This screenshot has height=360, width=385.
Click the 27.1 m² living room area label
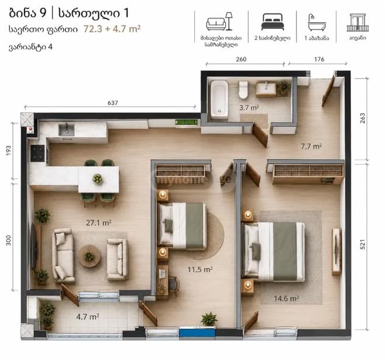click(99, 222)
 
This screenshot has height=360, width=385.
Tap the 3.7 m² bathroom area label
click(249, 108)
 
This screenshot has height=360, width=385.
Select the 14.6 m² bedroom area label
click(286, 299)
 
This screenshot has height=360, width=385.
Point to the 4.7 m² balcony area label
click(87, 317)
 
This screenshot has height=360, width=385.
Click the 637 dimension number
click(113, 103)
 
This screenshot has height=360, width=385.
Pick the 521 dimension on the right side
click(362, 244)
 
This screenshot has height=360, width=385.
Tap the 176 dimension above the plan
click(319, 59)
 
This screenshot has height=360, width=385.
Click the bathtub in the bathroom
click(219, 100)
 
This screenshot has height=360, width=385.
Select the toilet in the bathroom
click(243, 90)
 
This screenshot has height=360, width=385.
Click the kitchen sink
click(66, 130)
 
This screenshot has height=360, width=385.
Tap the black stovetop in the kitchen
click(37, 153)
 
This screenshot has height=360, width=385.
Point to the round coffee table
click(90, 256)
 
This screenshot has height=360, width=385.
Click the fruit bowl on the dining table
click(98, 179)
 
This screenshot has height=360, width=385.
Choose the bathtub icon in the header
click(316, 22)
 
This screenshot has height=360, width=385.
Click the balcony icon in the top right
click(357, 23)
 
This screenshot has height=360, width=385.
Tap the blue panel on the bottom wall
click(197, 332)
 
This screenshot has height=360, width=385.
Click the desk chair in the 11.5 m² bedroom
click(174, 286)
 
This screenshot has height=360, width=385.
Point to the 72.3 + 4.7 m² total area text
click(112, 29)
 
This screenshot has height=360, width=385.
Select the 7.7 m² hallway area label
click(311, 146)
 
